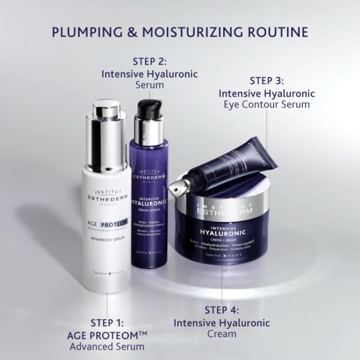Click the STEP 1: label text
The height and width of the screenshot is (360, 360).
point(112,322)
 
